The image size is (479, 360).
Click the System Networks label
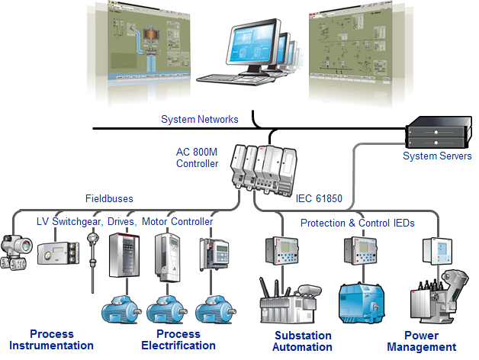(x=200, y=119)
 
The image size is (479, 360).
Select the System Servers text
(x=437, y=156)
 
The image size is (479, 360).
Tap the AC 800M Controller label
(x=198, y=157)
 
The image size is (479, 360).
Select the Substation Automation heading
(x=303, y=341)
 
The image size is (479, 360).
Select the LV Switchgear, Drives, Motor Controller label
(x=125, y=221)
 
